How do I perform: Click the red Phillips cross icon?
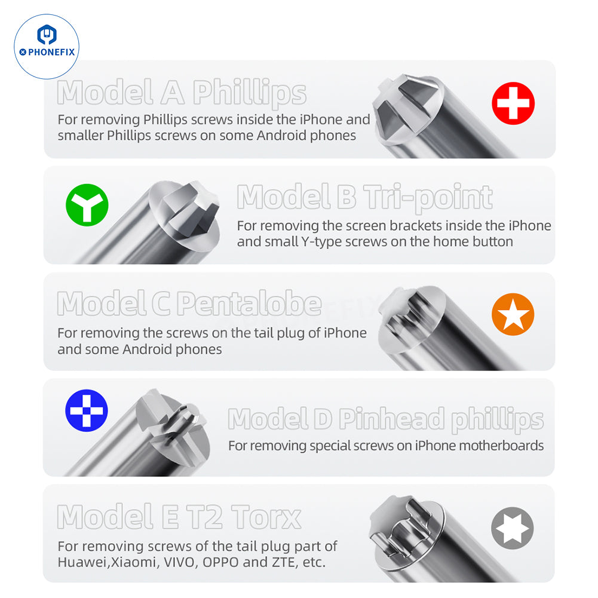click(513, 103)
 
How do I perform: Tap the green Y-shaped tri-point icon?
click(87, 205)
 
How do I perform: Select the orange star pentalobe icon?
click(513, 314)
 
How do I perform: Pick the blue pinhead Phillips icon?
click(87, 410)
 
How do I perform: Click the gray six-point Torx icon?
click(512, 528)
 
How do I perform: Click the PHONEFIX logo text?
click(47, 52)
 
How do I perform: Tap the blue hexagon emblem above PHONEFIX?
click(47, 35)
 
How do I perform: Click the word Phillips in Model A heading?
click(250, 93)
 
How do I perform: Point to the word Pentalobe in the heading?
click(249, 303)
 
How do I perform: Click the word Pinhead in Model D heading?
click(392, 418)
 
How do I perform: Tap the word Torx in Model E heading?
click(266, 517)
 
